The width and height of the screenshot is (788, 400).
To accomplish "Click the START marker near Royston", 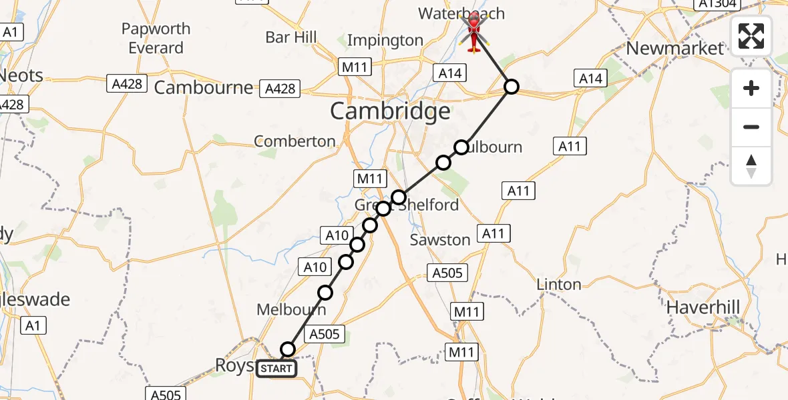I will click(276, 368).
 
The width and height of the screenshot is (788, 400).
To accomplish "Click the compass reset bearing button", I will click(751, 166).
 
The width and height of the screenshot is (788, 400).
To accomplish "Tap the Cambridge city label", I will click(390, 111).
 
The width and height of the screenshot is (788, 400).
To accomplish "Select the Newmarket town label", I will click(675, 48).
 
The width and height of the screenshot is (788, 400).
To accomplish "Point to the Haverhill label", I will click(703, 307).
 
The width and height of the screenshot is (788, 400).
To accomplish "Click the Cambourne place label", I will click(204, 87).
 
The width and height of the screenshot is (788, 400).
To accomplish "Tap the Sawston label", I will click(440, 239).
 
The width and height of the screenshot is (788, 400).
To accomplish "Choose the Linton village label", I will click(559, 285).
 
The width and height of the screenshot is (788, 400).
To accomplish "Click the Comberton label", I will click(295, 141).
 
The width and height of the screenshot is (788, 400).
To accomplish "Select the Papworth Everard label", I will click(156, 39).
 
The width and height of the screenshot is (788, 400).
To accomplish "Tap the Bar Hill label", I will click(291, 37).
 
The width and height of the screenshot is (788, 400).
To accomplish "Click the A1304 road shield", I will click(717, 4).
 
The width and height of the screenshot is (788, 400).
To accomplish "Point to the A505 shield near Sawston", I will click(447, 272).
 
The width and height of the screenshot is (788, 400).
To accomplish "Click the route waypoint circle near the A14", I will click(511, 86).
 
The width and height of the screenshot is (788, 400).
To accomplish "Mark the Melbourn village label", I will click(292, 310).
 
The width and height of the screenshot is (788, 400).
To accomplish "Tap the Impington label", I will click(385, 41).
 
